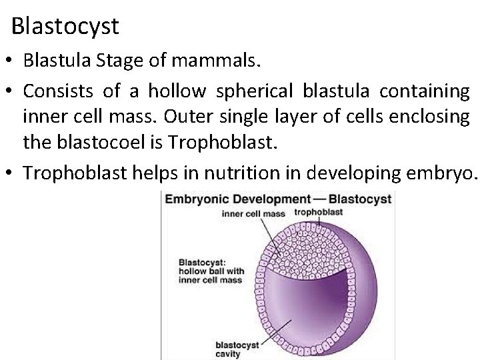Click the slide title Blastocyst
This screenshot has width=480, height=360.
[x=65, y=27]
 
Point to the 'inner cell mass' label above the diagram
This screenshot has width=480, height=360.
[x=253, y=214]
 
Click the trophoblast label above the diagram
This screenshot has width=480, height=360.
[x=319, y=212]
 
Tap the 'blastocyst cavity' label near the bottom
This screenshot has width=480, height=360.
[x=233, y=350]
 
